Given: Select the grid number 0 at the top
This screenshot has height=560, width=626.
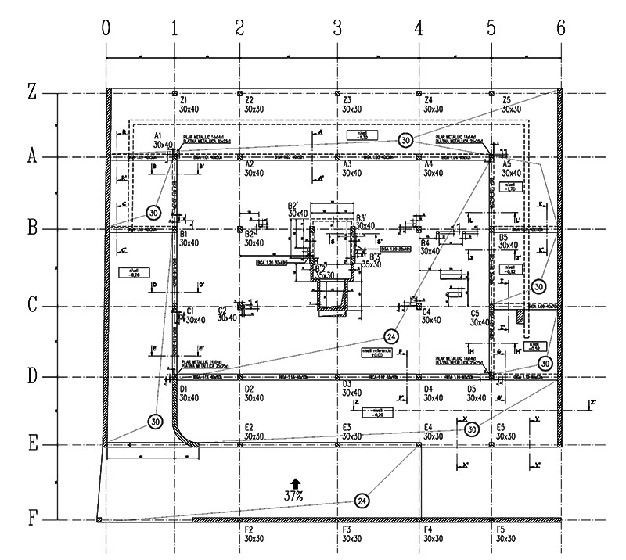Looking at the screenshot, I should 106,27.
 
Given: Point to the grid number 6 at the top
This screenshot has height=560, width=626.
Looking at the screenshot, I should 560,27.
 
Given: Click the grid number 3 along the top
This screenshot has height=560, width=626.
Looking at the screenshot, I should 337,27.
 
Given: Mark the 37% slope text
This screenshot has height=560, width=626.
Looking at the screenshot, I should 294,495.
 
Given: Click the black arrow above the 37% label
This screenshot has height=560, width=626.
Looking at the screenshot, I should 295,483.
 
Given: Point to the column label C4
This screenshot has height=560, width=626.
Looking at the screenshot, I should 427,313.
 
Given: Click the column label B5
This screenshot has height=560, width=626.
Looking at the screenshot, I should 505,237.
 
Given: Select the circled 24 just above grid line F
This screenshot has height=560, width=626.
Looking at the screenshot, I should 362,501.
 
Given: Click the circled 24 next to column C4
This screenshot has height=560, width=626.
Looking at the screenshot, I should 392,336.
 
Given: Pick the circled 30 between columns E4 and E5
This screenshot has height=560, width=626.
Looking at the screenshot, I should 471,430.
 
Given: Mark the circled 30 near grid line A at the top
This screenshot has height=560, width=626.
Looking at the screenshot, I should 405,140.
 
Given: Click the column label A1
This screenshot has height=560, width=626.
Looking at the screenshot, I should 162,135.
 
